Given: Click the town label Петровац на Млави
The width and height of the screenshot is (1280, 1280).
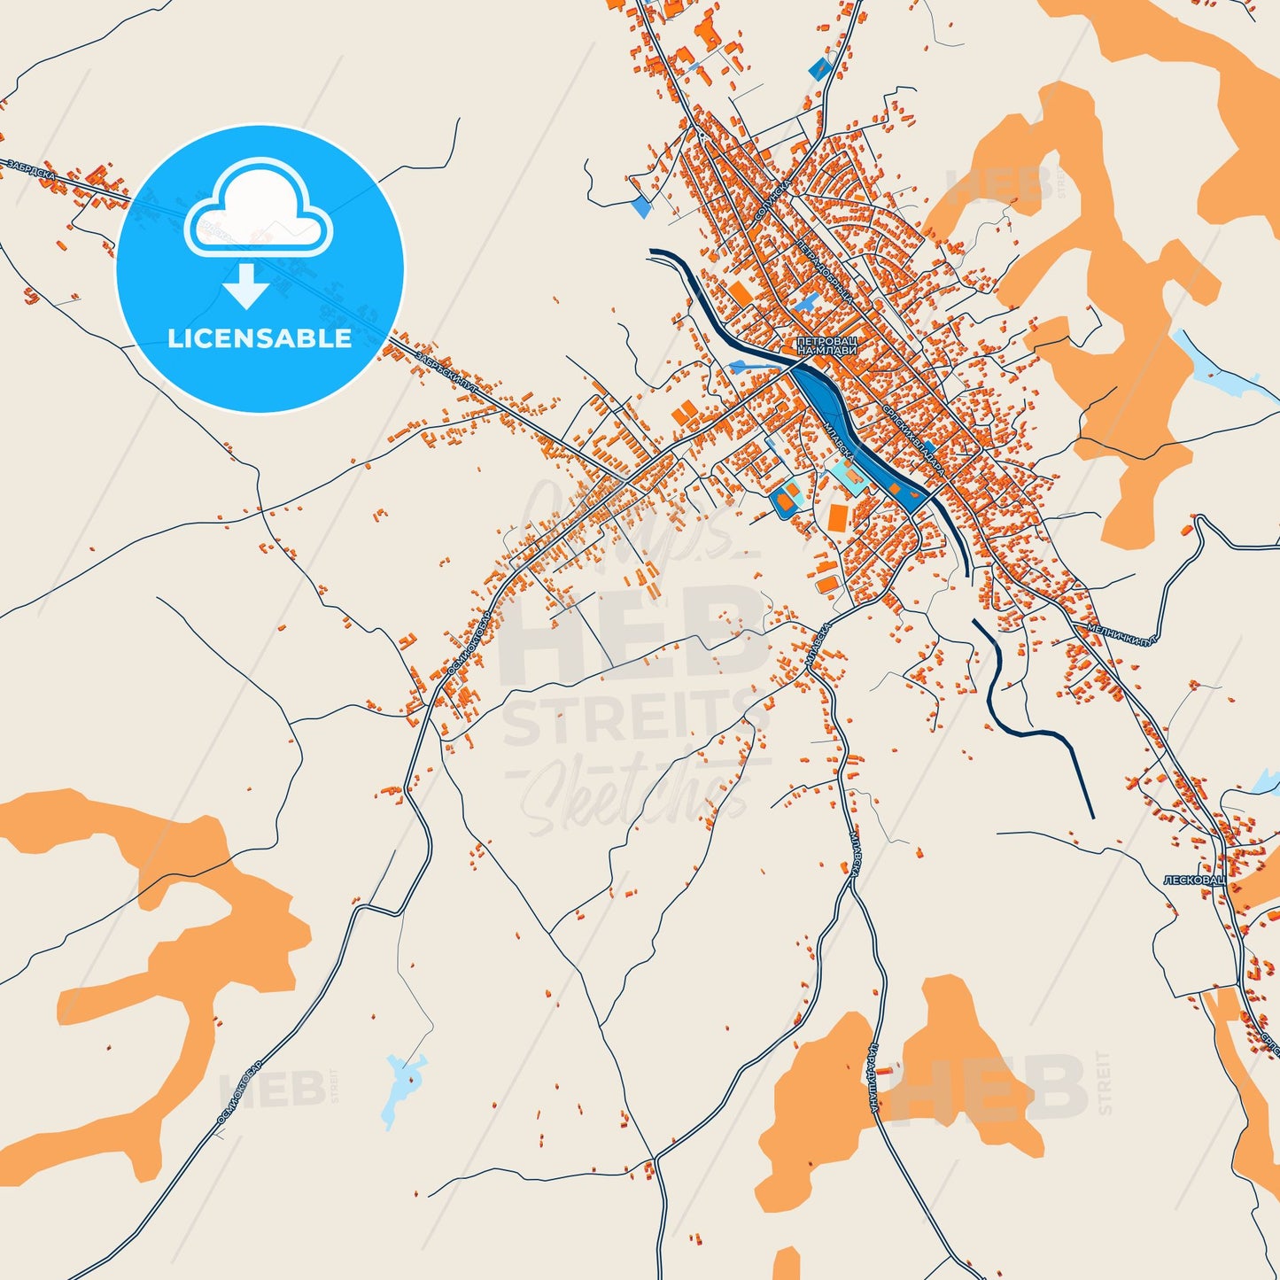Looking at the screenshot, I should [x=826, y=345].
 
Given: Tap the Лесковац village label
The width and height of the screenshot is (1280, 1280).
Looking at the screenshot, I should [x=1192, y=880].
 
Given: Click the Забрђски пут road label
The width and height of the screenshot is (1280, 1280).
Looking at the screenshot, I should [x=446, y=371].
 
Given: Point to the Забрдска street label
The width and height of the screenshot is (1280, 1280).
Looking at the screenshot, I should [x=30, y=169].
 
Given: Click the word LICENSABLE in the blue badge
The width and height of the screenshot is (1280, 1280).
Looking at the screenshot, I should [x=260, y=337].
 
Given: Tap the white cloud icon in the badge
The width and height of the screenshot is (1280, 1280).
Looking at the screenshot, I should [x=258, y=208].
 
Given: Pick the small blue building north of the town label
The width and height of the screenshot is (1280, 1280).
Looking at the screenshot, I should [x=805, y=302].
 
